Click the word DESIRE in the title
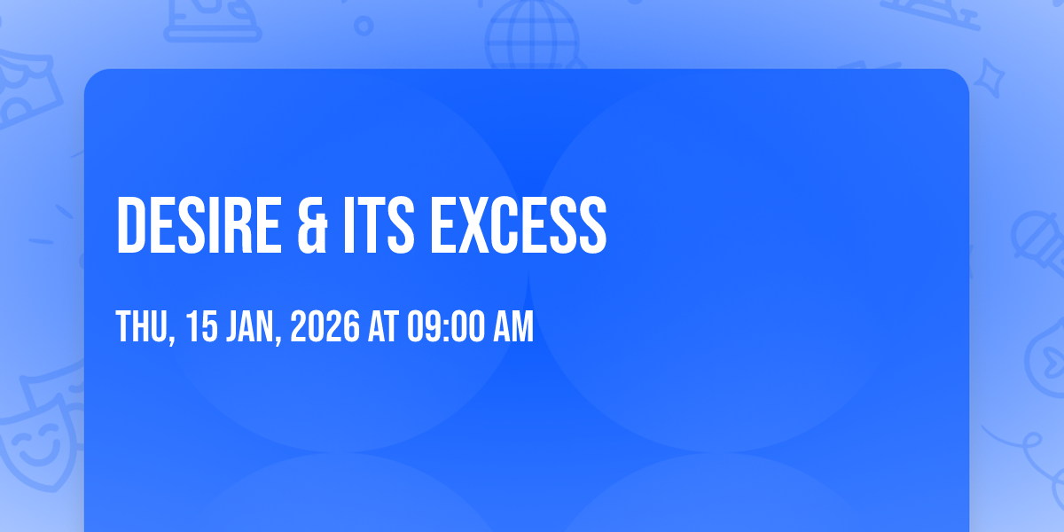click(199, 225)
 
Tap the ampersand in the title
click(312, 225)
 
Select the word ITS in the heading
click(379, 225)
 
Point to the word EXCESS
click(518, 225)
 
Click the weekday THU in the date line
click(145, 327)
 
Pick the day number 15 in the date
click(202, 326)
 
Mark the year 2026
click(325, 326)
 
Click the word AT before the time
click(383, 326)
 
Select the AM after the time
click(513, 326)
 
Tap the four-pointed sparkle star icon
click(990, 78)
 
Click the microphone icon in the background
click(1038, 242)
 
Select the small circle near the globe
click(364, 26)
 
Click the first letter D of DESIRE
click(130, 225)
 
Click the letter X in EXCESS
click(473, 225)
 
